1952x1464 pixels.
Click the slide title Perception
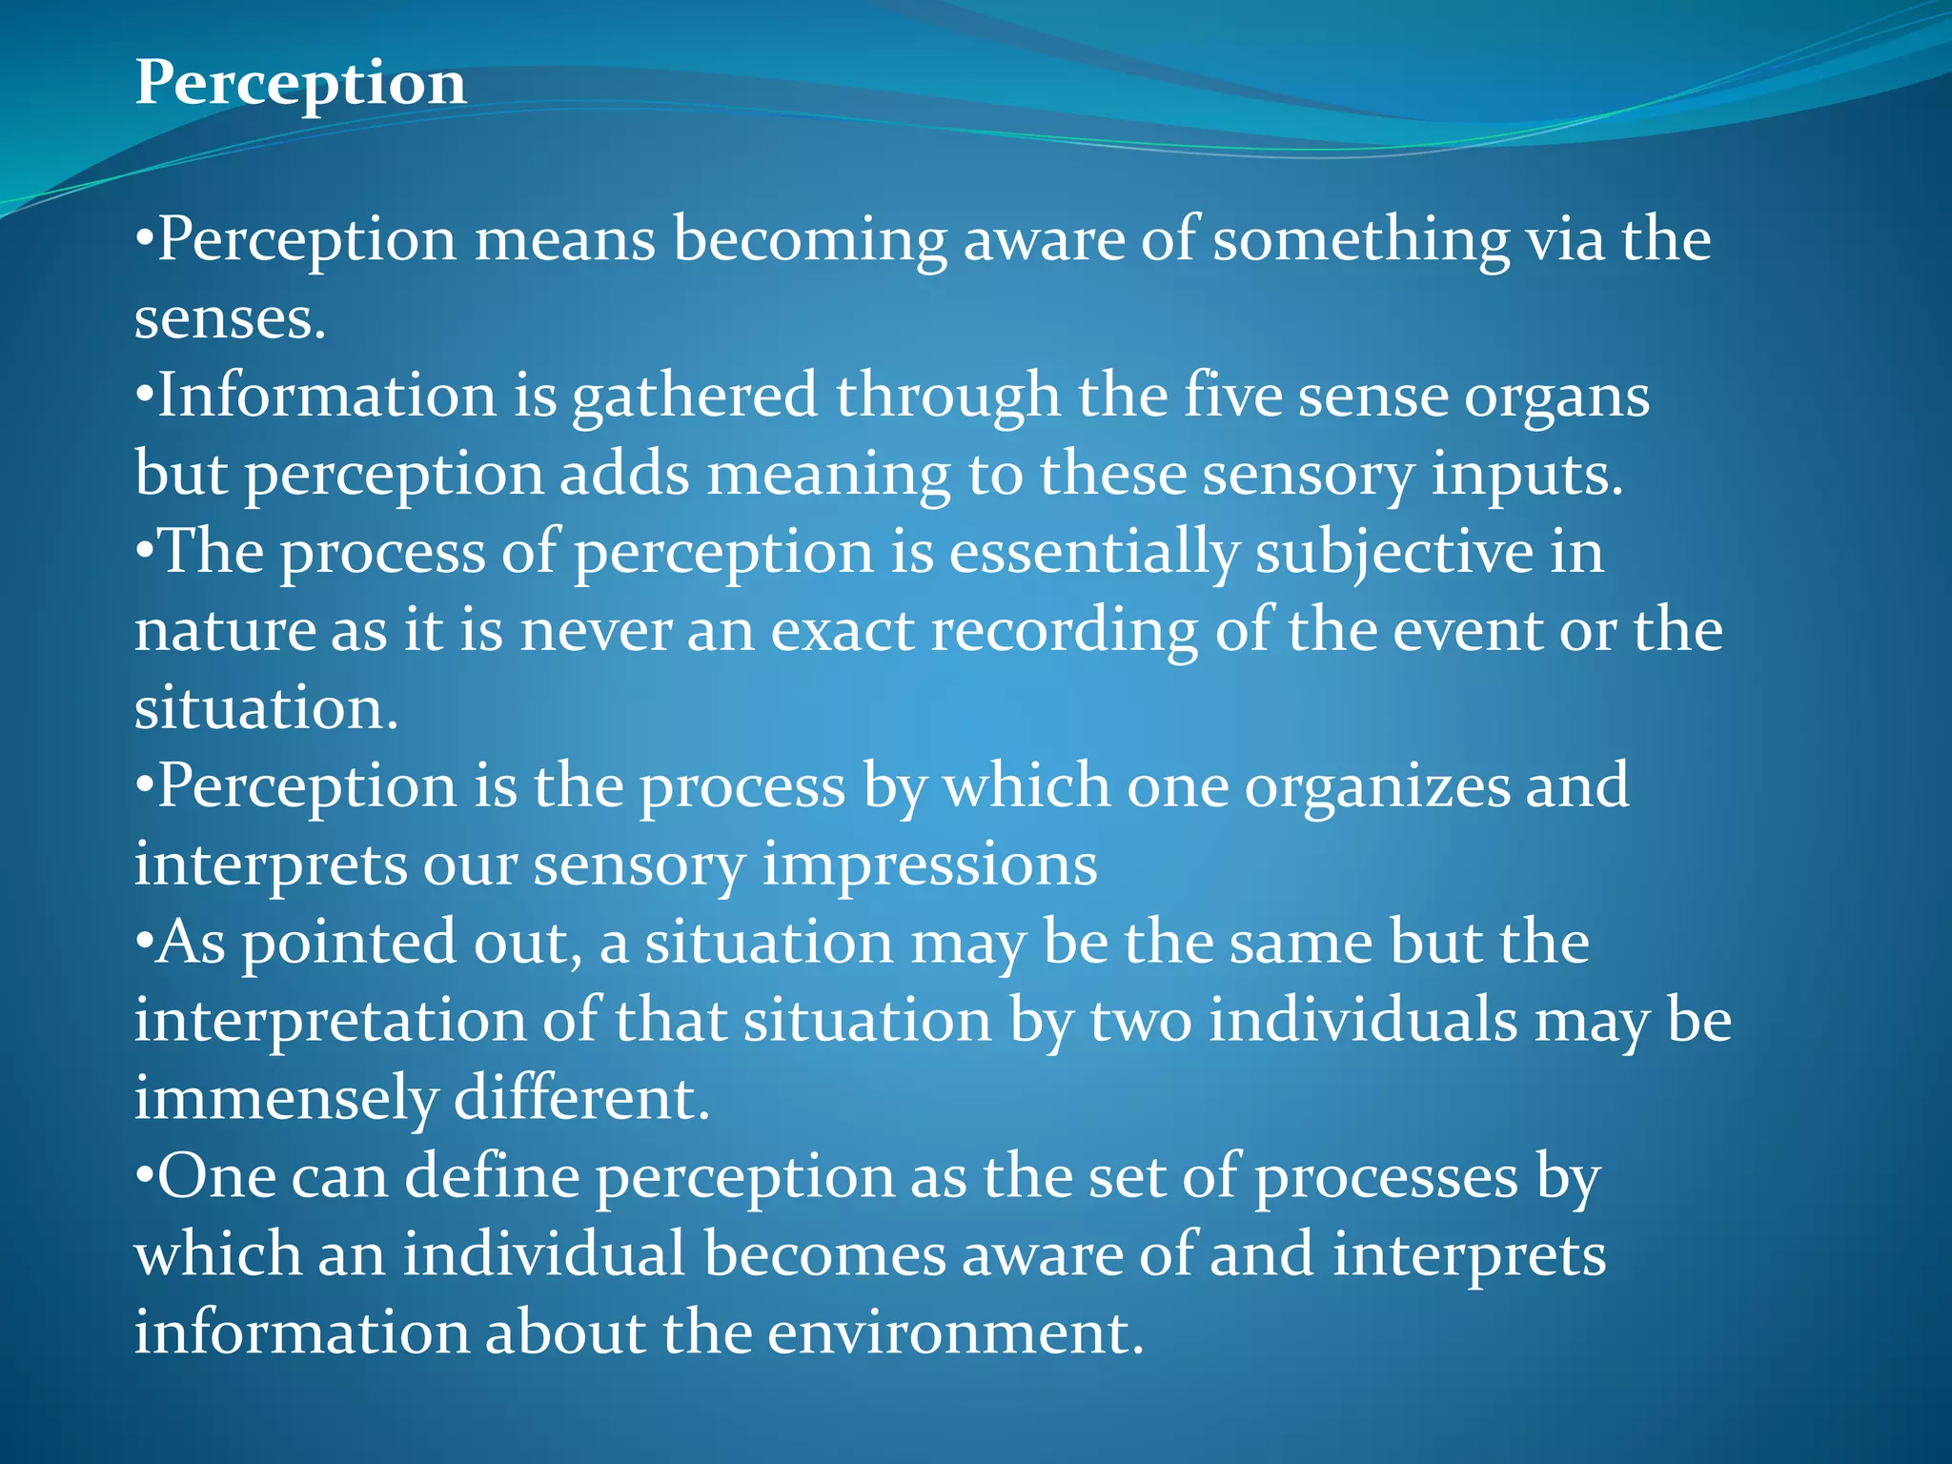tap(300, 84)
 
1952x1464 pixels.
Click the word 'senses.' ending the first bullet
tap(230, 318)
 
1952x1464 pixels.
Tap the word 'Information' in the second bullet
tap(326, 396)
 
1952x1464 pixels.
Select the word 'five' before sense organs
tap(1232, 396)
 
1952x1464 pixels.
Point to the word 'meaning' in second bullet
tap(827, 475)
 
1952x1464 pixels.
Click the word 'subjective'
tap(1393, 553)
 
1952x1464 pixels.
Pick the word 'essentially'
tap(1093, 553)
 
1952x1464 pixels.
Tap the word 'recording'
tap(1064, 631)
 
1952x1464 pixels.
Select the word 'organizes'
tap(1376, 787)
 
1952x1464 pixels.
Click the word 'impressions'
tap(929, 865)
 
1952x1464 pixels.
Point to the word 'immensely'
tap(285, 1098)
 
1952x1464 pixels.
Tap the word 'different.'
tap(581, 1098)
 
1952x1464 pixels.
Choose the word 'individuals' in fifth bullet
tap(1363, 1020)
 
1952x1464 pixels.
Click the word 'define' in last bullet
tap(492, 1176)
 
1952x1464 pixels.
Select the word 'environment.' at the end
tap(955, 1332)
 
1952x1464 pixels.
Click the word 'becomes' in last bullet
tap(824, 1254)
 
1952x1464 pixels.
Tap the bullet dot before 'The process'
tap(144, 553)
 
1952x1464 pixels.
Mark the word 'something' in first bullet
tap(1360, 239)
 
